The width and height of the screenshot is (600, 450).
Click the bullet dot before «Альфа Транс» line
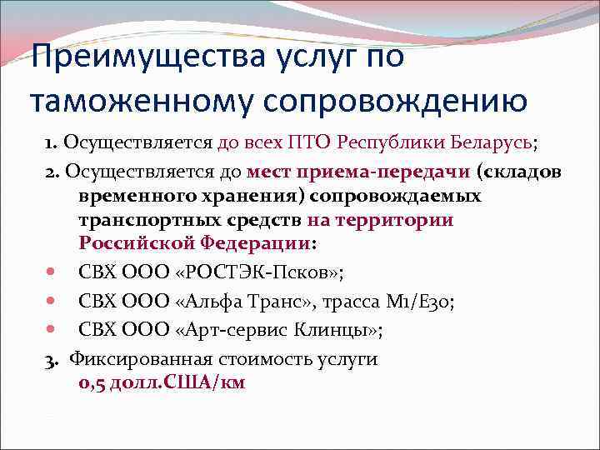[x=52, y=301]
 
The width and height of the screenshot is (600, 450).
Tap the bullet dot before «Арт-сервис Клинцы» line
[x=52, y=330]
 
